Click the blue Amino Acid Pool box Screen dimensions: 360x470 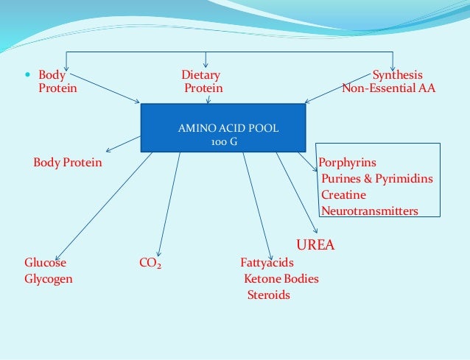point(228,128)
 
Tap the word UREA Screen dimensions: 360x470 point(315,245)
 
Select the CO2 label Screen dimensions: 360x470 point(151,262)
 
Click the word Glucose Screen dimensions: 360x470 point(45,262)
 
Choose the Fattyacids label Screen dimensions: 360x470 point(267,262)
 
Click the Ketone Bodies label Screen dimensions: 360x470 point(281,279)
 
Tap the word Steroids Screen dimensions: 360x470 point(268,295)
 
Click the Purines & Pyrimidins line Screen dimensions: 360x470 point(376,178)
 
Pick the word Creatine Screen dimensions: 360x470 point(343,195)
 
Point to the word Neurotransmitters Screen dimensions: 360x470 point(369,211)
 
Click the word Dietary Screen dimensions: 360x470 point(200,75)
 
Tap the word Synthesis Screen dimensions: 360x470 point(397,75)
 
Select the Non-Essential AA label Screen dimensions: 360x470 point(388,88)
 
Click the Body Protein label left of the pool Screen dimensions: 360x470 point(68,162)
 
